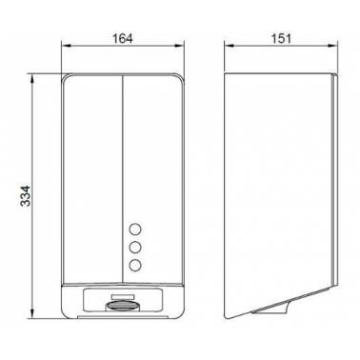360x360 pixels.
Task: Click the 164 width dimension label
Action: [123, 39]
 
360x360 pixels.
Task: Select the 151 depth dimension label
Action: [281, 39]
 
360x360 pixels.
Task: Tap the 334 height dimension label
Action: [26, 196]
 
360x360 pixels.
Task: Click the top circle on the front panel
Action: [135, 230]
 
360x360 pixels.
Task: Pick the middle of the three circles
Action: [135, 247]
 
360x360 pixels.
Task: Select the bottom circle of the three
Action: [135, 265]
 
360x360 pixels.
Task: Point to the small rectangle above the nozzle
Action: [122, 296]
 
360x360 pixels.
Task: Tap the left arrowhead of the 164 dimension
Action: [66, 46]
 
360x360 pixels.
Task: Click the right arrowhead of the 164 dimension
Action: [180, 46]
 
